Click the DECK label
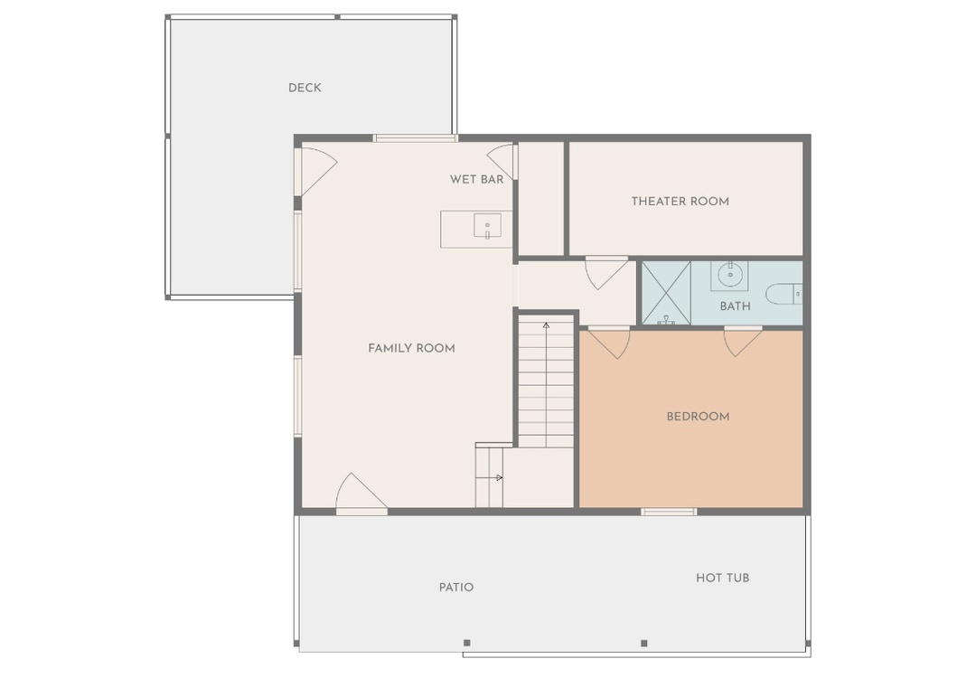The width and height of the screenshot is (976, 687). [x=305, y=88]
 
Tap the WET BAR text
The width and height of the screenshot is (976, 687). [x=477, y=179]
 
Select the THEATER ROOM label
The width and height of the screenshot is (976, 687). [x=680, y=202]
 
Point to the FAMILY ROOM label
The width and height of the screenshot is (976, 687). [x=411, y=348]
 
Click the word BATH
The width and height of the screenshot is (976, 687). [x=735, y=306]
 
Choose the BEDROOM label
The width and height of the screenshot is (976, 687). [x=698, y=417]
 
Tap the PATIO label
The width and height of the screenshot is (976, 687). [x=456, y=588]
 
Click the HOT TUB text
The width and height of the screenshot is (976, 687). [x=723, y=578]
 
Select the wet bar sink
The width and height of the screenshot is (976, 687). [x=487, y=226]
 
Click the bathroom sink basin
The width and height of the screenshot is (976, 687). [x=729, y=273]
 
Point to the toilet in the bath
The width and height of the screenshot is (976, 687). [x=784, y=294]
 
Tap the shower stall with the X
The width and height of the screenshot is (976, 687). [x=666, y=293]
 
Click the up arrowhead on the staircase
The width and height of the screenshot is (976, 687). [x=546, y=325]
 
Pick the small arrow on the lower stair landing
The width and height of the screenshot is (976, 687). [x=499, y=477]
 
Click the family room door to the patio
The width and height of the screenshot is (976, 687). [x=361, y=494]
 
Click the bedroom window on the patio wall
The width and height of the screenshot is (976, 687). [x=669, y=512]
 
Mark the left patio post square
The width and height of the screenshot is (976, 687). [x=467, y=643]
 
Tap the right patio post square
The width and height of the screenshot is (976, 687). [x=644, y=644]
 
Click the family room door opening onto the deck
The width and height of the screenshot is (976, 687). [x=317, y=171]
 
